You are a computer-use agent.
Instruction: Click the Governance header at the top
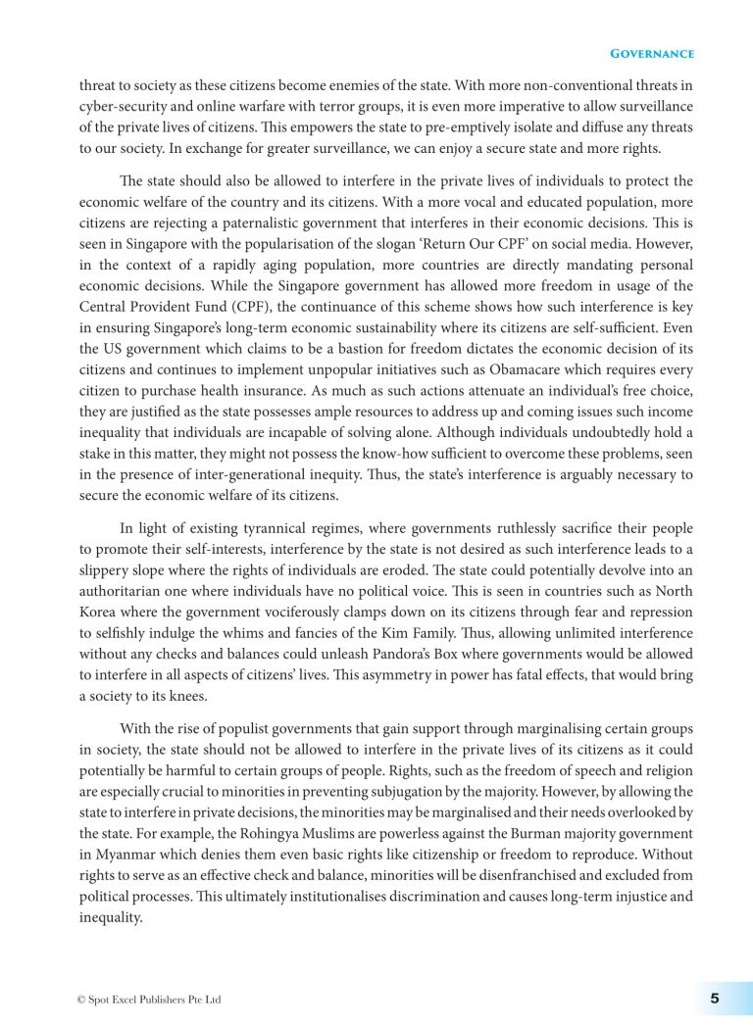[x=652, y=53]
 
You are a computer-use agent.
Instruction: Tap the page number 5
[x=714, y=999]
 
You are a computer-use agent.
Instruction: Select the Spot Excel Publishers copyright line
[x=149, y=1000]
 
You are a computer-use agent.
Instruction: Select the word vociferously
[x=284, y=612]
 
